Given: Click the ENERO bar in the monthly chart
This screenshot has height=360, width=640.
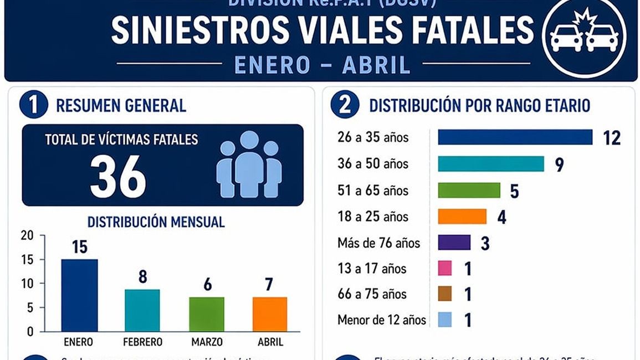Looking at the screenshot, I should pos(79,295).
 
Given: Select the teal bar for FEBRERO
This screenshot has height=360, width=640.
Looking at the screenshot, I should pos(142,310).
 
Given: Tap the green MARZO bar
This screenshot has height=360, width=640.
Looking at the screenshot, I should pos(207,314).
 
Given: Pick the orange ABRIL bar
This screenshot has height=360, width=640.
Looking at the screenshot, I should pos(270,314).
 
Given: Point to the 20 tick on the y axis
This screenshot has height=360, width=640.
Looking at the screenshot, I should pos(27,236).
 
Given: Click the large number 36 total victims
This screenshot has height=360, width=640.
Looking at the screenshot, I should pos(118,177).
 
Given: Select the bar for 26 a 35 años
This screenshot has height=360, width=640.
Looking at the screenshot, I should pos(515,137).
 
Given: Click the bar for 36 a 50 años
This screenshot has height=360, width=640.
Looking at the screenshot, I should pos(491,164).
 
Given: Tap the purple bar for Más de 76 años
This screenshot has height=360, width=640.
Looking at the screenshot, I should pos(454,243).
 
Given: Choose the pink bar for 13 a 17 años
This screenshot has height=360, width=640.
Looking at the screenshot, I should pos(445,269).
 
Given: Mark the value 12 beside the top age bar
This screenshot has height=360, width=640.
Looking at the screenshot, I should pos(612,137).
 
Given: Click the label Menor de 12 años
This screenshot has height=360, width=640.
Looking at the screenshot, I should pos(382,320).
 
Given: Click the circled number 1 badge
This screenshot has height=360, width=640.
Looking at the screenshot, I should pos(33,105).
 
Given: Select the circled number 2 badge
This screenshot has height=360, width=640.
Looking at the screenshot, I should pos(345,105).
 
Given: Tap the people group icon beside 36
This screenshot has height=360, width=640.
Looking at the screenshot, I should pos(249,164).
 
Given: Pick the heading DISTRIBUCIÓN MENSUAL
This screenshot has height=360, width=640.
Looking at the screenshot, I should pos(156,222).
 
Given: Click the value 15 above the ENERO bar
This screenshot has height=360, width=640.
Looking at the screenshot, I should pos(80,246).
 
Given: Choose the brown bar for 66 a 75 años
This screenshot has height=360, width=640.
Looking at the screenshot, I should pos(445,294).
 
